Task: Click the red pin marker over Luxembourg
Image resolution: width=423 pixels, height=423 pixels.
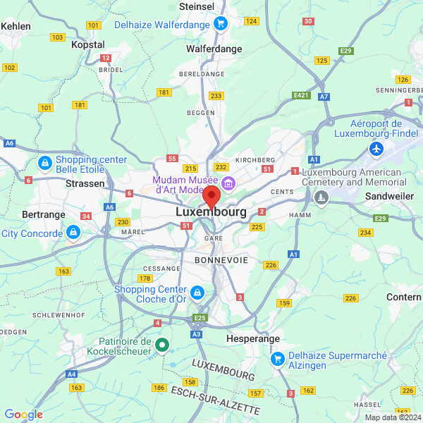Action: [x=211, y=197]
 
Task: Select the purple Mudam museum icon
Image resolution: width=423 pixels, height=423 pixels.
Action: [x=228, y=184]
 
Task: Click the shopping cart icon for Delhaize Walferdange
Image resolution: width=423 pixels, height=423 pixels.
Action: [x=221, y=24]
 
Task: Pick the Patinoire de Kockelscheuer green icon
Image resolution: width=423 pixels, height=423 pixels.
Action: [x=161, y=345]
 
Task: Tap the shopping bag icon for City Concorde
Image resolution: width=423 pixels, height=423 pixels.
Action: [x=73, y=231]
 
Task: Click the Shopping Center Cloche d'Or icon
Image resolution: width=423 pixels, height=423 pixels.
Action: [x=197, y=292]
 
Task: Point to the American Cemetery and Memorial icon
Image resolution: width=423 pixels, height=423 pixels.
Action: [x=322, y=196]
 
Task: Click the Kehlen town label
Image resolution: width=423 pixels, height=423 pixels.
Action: [x=16, y=25]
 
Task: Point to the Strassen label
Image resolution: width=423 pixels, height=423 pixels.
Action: [x=85, y=183]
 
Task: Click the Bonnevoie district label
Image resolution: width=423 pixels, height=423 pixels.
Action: [x=221, y=260]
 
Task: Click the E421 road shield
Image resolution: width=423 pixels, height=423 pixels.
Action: [x=301, y=94]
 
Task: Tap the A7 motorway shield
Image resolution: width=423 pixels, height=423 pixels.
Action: [x=324, y=96]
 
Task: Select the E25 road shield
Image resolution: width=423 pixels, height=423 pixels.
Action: [x=200, y=318]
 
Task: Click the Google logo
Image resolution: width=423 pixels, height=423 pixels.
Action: [x=23, y=415]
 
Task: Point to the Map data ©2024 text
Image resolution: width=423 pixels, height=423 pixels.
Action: [x=393, y=417]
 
